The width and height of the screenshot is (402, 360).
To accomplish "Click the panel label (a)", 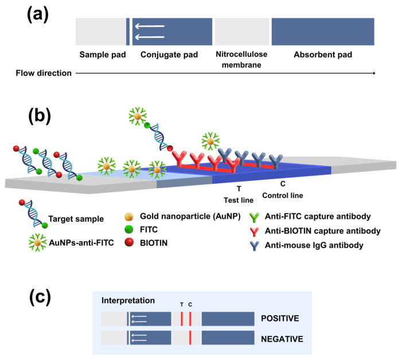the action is (x=38, y=14).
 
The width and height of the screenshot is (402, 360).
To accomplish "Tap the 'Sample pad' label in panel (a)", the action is (x=103, y=55).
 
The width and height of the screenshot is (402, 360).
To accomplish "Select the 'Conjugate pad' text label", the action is (x=169, y=55).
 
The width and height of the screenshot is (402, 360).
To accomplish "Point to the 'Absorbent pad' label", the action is (x=323, y=55).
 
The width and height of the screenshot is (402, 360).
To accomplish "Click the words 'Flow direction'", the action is (x=44, y=73).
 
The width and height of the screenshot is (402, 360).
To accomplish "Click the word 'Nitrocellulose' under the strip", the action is (x=241, y=54).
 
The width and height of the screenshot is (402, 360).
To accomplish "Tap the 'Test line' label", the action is (x=239, y=200).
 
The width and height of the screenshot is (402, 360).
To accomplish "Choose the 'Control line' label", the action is (x=283, y=196).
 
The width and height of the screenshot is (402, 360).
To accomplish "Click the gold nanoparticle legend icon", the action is (x=129, y=216).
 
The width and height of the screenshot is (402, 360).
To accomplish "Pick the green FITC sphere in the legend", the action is (x=129, y=229).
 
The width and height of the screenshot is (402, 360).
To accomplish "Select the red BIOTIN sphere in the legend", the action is (x=129, y=242).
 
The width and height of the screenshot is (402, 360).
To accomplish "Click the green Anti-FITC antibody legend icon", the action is (x=254, y=217).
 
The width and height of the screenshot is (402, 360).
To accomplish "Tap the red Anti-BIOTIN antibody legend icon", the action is (x=254, y=231).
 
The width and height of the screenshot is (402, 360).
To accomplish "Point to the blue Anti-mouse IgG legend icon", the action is (x=254, y=246).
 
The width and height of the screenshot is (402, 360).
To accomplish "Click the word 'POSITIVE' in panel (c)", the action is (x=280, y=319).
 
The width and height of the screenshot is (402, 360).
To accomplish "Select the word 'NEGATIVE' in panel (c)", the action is (x=282, y=339).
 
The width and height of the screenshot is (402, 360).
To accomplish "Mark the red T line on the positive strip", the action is (x=182, y=319).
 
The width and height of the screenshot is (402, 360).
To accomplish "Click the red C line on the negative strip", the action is (x=190, y=338).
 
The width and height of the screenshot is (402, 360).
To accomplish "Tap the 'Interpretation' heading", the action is (x=128, y=300).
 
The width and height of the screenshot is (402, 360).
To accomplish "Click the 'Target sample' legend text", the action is (x=76, y=219).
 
